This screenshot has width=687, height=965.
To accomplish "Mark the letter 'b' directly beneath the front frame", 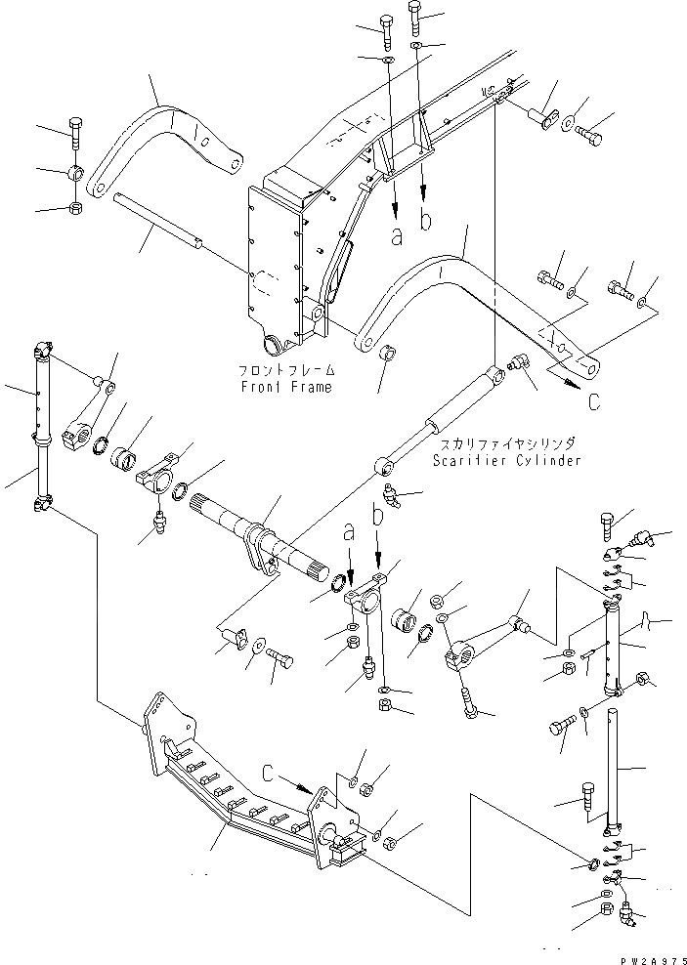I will coord(424,219).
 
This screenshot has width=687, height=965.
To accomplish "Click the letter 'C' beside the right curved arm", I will coord(594,400).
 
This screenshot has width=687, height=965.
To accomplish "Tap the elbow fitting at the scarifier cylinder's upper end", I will coord(517,363).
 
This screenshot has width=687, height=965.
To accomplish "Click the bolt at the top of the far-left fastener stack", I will coord(76,130).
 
